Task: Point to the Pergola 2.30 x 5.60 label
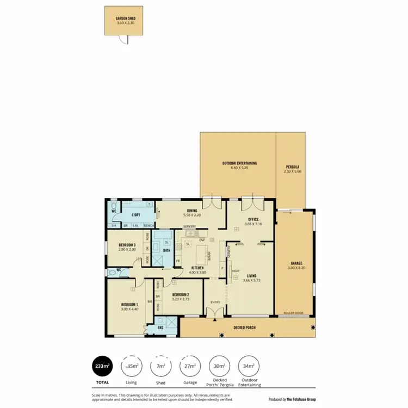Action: point(292,169)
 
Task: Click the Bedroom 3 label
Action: point(127,245)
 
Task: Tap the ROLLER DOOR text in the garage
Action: point(293,314)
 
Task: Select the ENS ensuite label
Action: point(160,328)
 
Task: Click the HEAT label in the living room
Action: point(236,271)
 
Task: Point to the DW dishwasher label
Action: point(202,239)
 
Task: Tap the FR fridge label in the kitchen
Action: point(178,262)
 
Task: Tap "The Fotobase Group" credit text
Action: point(300,399)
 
